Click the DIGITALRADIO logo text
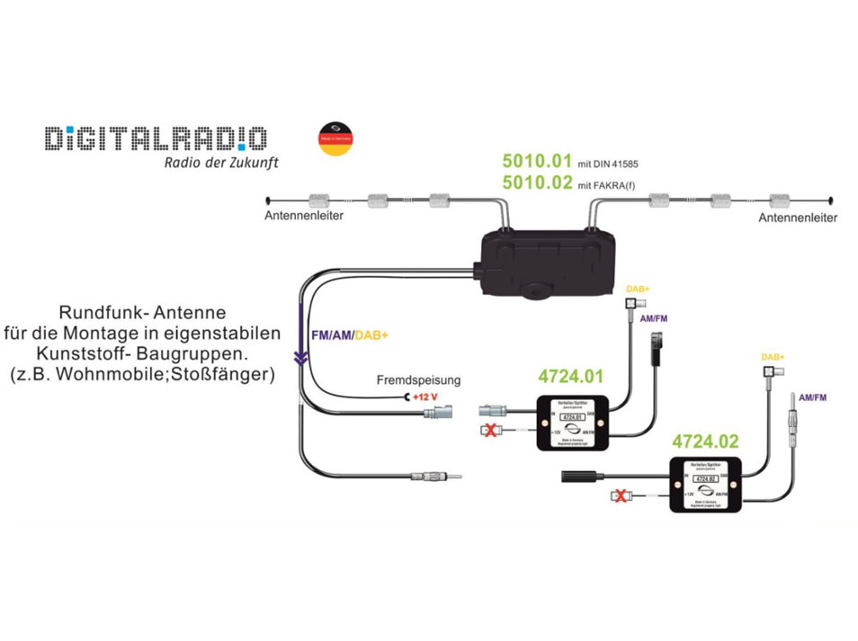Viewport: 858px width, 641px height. (156, 138)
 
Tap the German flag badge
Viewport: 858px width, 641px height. (335, 138)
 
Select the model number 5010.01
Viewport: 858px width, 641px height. (536, 162)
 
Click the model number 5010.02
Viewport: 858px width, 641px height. (536, 183)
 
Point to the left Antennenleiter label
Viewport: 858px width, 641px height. (304, 217)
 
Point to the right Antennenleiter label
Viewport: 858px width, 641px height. (798, 218)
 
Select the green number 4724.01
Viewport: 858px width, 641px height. (571, 377)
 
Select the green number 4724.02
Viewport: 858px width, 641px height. (706, 441)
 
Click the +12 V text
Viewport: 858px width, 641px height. (425, 397)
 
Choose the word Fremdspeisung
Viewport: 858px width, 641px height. (418, 380)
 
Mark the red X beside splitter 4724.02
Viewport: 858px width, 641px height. (620, 495)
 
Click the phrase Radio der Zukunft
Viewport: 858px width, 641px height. (220, 163)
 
